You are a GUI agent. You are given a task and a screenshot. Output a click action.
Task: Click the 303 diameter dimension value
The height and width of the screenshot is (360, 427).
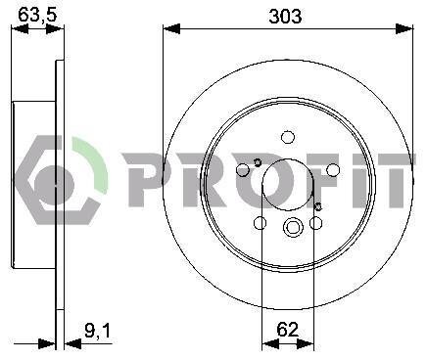pos(285,16)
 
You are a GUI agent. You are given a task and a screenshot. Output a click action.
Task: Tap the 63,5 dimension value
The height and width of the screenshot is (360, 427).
pos(37,15)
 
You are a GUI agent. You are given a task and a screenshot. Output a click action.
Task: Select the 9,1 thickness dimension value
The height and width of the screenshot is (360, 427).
pos(98,331)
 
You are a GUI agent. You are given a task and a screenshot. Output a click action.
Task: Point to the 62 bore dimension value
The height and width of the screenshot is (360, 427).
pos(288,330)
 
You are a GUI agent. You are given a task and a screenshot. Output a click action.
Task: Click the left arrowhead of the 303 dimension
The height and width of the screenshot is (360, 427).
pos(171,28)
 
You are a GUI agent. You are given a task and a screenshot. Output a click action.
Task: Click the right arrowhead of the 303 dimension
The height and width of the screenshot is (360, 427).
pos(404,28)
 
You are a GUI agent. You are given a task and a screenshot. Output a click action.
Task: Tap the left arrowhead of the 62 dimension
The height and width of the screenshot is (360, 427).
pos(270,343)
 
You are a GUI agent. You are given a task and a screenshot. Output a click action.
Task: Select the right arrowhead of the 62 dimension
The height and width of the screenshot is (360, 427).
pos(306,343)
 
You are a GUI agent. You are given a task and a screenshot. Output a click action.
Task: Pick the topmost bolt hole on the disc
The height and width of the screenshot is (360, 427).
pos(288,137)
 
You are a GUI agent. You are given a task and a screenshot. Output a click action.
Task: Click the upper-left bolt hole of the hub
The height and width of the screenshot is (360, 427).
pos(243,169)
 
